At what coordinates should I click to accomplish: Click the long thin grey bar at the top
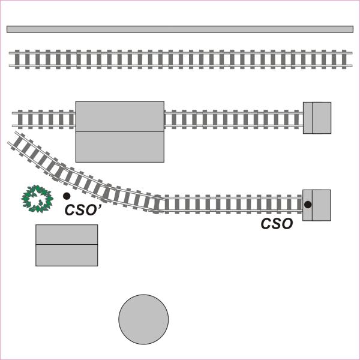[x=180, y=29]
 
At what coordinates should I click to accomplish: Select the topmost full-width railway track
[x=180, y=59]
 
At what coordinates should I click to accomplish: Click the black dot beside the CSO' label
[x=67, y=196]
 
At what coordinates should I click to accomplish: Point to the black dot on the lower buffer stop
[x=308, y=205]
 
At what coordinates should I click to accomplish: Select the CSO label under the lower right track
[x=277, y=224]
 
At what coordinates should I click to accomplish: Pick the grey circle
[x=143, y=319]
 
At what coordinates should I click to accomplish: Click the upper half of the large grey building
[x=120, y=116]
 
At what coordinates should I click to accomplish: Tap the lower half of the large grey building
[x=120, y=146]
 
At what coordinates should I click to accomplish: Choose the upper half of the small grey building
[x=67, y=235]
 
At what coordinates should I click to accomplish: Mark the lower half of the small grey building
[x=67, y=255]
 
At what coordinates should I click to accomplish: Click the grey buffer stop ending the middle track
[x=317, y=118]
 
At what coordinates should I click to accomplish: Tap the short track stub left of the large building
[x=44, y=119]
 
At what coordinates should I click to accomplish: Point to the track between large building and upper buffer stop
[x=234, y=119]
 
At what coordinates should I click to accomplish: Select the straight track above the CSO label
[x=234, y=204]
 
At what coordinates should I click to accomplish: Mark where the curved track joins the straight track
[x=160, y=203]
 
